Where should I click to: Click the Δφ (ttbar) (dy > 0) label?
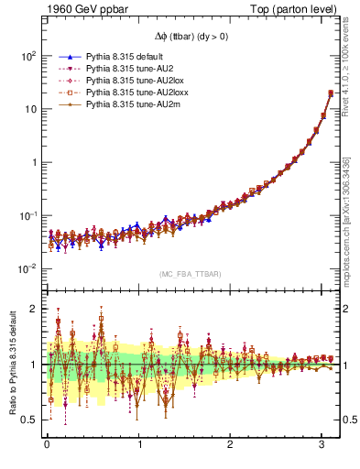(x=191, y=36)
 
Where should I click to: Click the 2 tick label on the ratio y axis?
(x=33, y=309)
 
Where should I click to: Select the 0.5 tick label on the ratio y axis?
(x=29, y=420)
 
